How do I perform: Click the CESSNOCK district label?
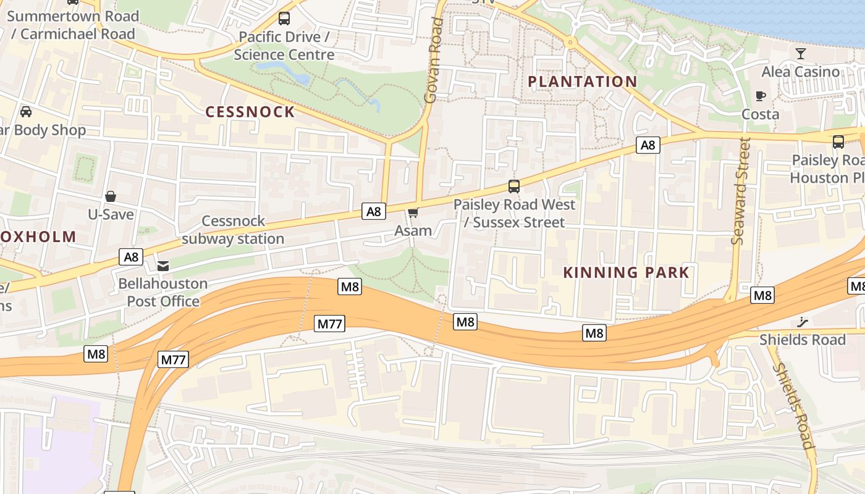[x=250, y=112]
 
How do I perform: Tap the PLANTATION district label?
[x=583, y=82]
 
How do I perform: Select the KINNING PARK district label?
[x=627, y=272]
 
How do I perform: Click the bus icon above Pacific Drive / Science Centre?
[x=284, y=19]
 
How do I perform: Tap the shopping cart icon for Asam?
[x=413, y=213]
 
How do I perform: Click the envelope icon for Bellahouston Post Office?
[x=163, y=266]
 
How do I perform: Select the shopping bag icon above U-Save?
[x=111, y=196]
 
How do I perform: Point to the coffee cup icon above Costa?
[x=761, y=96]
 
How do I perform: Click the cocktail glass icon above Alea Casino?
[x=801, y=53]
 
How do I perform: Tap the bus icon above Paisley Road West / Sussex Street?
[x=513, y=186]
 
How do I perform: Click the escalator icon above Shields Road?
[x=803, y=321]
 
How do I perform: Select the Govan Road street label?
[x=434, y=60]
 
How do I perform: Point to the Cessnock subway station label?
[x=233, y=230]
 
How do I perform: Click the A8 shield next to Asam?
[x=374, y=212]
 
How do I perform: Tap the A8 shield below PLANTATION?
[x=648, y=145]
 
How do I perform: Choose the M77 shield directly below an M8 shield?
[x=329, y=323]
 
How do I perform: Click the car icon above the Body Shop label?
[x=26, y=112]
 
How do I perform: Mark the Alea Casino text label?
[x=801, y=72]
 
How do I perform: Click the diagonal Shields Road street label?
[x=794, y=404]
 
